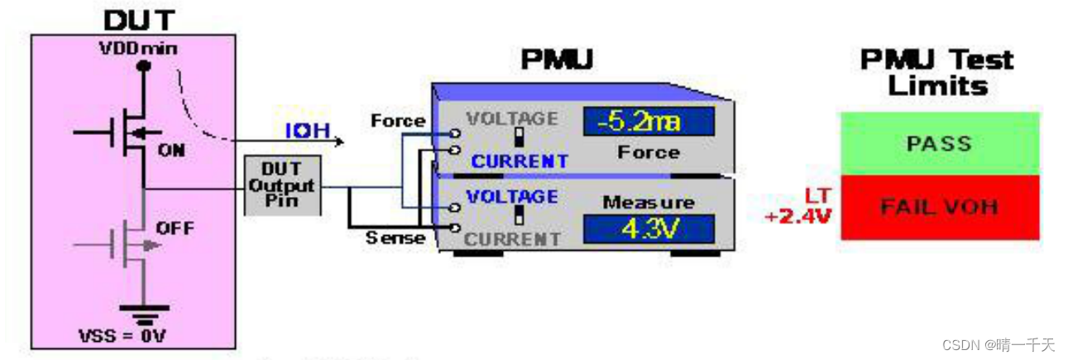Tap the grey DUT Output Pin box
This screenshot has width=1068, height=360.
coord(282,185)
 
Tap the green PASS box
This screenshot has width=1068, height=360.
coord(939,143)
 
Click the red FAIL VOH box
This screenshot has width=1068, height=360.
coord(939,207)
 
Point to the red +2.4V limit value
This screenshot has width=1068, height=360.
coord(798,217)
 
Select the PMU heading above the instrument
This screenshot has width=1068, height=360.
coord(557,60)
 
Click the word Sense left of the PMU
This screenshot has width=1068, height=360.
coord(395,238)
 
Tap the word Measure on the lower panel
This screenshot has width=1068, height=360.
coord(649,202)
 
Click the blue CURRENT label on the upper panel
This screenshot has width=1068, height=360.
coord(520,161)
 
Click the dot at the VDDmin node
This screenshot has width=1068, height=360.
coord(144,66)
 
